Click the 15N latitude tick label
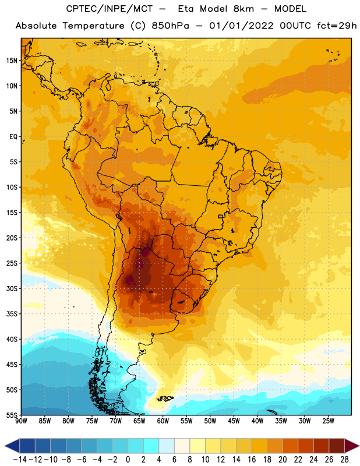click(12, 61)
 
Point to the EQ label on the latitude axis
click(13, 137)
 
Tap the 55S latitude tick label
click(12, 415)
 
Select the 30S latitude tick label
click(12, 288)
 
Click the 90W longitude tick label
click(22, 421)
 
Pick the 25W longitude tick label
click(328, 421)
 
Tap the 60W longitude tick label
click(163, 421)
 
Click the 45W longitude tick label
click(234, 421)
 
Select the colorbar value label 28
click(344, 460)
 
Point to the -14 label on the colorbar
click(20, 460)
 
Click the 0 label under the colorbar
click(128, 460)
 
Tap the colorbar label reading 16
click(252, 460)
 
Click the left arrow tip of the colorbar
click(5, 446)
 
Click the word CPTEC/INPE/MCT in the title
click(110, 9)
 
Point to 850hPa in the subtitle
click(170, 26)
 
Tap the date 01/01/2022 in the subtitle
click(241, 26)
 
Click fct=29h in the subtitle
click(337, 26)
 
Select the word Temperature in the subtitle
click(93, 26)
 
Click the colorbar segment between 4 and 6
click(167, 446)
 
